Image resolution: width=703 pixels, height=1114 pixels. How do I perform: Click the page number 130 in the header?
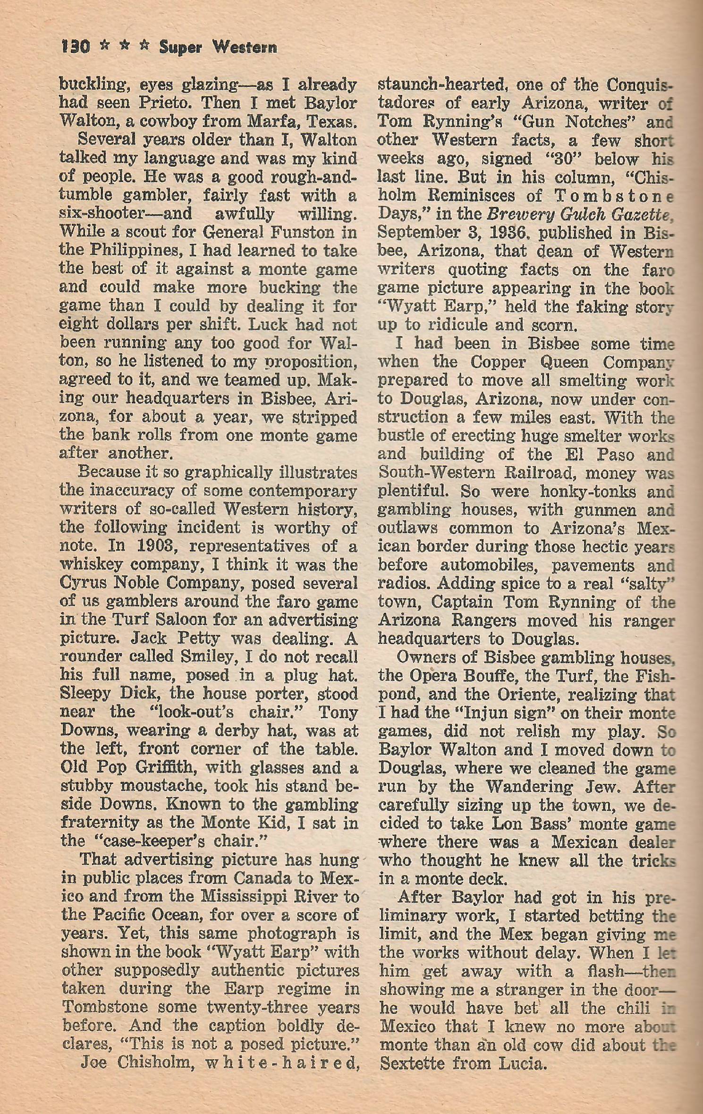[76, 47]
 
